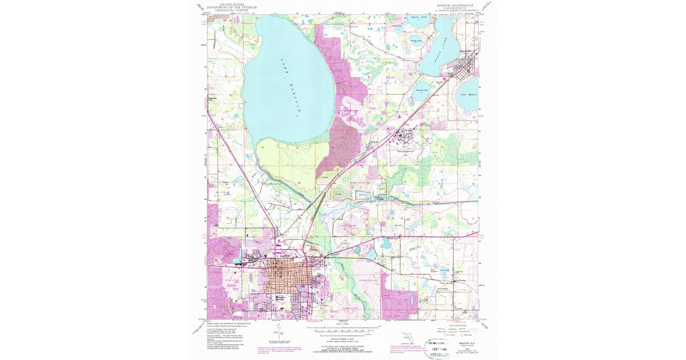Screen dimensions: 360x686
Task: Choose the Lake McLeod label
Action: [x=468, y=94]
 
